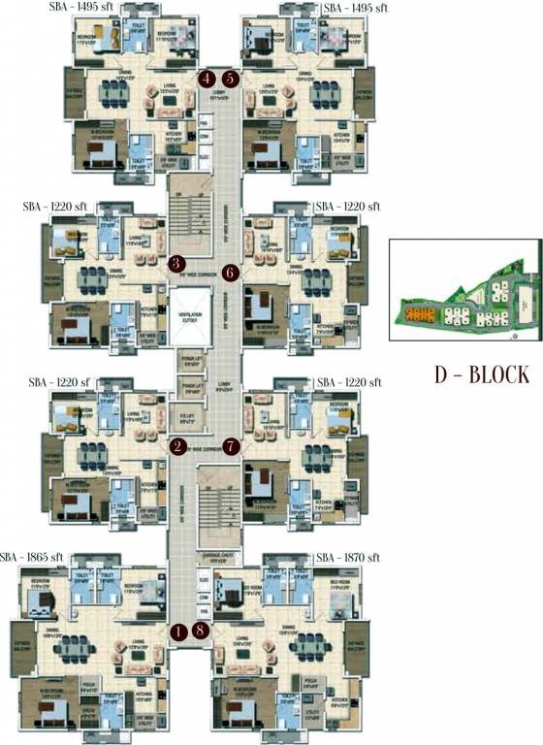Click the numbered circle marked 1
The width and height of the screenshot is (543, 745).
click(x=177, y=632)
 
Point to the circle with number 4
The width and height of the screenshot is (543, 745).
click(x=207, y=79)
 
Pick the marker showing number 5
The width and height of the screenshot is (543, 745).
click(x=230, y=79)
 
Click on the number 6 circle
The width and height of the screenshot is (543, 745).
click(x=230, y=273)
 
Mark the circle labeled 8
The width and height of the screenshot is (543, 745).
click(x=201, y=632)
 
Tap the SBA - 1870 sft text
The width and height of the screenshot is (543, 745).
click(x=348, y=558)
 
